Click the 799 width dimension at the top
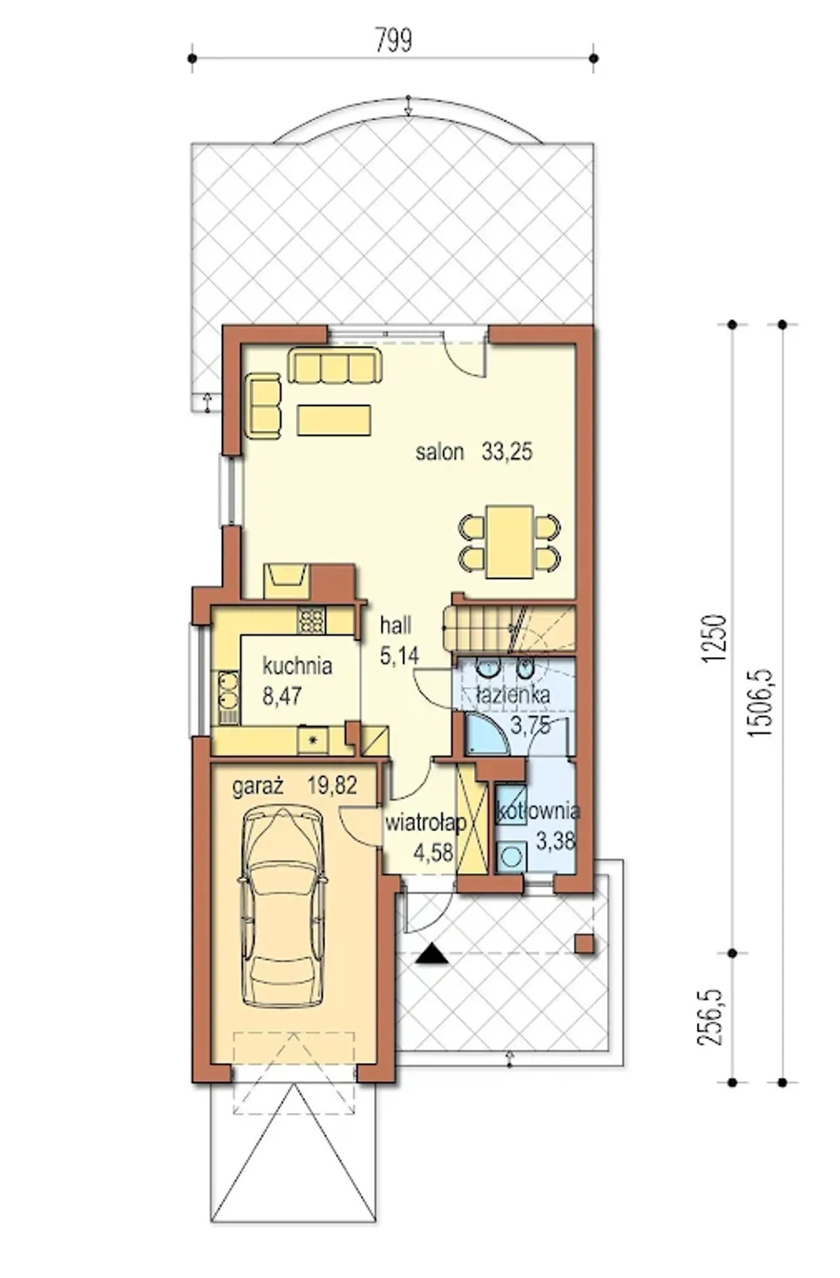(394, 41)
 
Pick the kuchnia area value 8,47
(282, 696)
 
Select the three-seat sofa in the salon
(335, 366)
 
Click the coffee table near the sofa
(334, 420)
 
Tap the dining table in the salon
(509, 542)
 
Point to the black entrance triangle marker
(432, 954)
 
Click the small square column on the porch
(585, 944)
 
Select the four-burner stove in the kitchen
(311, 621)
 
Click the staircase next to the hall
(509, 629)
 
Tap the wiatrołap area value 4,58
(433, 853)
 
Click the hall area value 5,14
(399, 655)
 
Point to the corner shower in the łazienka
(482, 734)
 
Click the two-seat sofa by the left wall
(264, 406)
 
